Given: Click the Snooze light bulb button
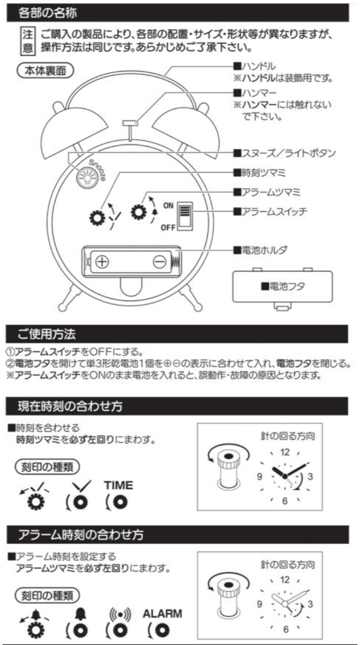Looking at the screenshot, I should pos(85,176).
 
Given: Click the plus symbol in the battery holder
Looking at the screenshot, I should pos(103,262).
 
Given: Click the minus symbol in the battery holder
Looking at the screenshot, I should pos(159,262).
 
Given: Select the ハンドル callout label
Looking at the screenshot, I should pos(255,67).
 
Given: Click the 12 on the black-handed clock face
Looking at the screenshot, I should pos(285,452).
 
